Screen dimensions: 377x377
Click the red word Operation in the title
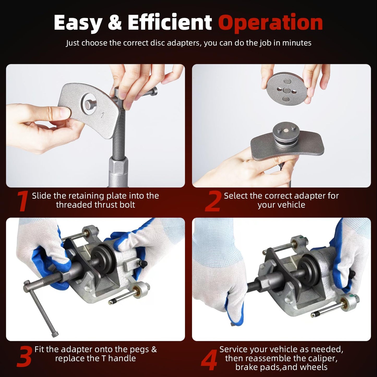click(x=270, y=23)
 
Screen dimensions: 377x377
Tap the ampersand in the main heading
click(x=115, y=22)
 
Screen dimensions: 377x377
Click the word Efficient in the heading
click(x=170, y=22)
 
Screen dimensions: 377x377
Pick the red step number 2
click(x=213, y=201)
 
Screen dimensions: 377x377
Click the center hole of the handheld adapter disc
click(x=287, y=91)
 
